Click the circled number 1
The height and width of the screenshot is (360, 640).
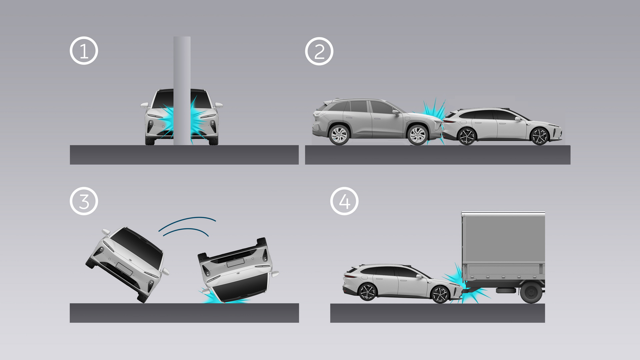tap(84, 51)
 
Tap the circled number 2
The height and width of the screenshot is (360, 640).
tap(319, 51)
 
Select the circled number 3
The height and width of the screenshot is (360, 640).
tap(84, 201)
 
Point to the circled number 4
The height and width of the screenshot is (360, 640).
tap(344, 201)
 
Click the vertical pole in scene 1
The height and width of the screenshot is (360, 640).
tap(182, 91)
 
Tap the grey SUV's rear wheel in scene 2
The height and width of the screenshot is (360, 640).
tap(339, 135)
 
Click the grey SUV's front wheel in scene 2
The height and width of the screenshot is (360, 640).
tap(417, 135)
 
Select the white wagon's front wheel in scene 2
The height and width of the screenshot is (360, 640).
tap(539, 136)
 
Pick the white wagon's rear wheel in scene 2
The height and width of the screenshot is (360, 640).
tap(467, 136)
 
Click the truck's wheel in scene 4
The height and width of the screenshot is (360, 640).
tap(531, 293)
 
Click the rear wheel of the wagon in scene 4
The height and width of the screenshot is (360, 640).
tap(367, 292)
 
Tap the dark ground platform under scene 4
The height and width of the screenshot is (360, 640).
tap(437, 313)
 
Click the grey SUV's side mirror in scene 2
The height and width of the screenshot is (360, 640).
tap(396, 113)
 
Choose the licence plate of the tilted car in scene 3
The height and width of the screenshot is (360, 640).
tap(124, 269)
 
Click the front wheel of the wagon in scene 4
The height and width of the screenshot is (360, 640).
tap(440, 294)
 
